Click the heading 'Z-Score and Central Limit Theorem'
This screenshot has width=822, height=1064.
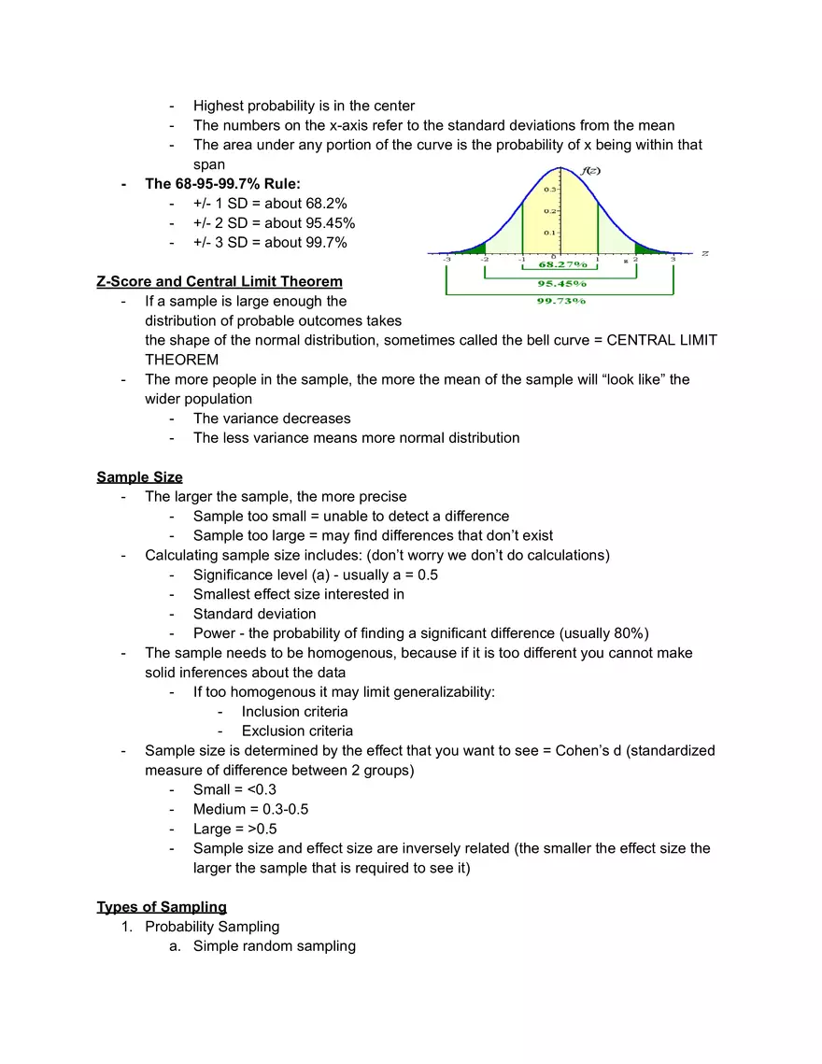click(220, 281)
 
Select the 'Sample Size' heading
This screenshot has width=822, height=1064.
click(139, 477)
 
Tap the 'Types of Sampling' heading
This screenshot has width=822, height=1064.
click(162, 907)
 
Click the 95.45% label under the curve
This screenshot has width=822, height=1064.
click(561, 283)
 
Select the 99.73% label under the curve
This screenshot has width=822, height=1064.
click(561, 301)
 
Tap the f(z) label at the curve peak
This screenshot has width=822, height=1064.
click(589, 171)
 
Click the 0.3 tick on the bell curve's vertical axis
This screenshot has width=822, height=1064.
click(551, 190)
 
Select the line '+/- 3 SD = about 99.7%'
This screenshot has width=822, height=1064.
click(270, 243)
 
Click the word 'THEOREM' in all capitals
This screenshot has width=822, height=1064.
click(181, 360)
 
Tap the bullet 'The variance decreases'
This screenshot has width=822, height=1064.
click(272, 419)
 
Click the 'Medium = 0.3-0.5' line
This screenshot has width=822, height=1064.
click(250, 809)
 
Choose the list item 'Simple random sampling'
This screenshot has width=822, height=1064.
click(275, 946)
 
